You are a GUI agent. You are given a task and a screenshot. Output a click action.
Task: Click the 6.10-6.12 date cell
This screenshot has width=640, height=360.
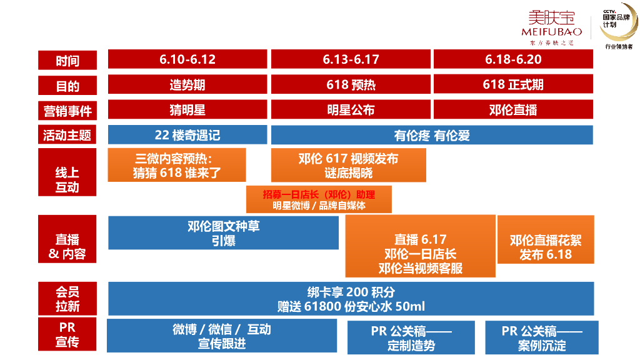coord(187,59)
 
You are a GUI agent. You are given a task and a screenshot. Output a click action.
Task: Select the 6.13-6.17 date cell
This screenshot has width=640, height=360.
coord(351,59)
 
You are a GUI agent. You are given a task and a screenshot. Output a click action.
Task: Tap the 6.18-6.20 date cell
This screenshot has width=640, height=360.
coord(513,59)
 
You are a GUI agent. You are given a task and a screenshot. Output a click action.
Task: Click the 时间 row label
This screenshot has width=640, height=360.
coord(67,61)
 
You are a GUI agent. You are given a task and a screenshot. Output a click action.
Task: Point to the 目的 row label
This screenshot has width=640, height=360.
coord(67,86)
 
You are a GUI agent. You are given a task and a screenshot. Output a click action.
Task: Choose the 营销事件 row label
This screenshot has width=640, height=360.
coord(67,111)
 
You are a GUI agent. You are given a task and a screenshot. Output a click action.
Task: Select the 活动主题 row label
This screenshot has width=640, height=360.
coord(67,135)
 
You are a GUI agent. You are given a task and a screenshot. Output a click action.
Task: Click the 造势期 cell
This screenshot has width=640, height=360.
coord(187,84)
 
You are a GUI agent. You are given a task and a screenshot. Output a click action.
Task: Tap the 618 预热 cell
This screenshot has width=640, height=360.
coord(351,84)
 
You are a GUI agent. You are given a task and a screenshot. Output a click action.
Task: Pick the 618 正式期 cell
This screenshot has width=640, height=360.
coord(513,84)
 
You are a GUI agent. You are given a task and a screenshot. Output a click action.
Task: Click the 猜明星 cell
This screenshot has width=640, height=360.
coord(187,109)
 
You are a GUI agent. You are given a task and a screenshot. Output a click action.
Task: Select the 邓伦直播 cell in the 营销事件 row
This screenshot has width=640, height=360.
coord(513,109)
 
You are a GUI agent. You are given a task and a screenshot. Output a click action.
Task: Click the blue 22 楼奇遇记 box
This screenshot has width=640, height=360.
coord(187,135)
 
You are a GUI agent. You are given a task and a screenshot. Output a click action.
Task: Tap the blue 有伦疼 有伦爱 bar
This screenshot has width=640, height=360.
coord(432,135)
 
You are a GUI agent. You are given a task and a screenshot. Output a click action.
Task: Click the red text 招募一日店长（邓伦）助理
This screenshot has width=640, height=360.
coord(319,194)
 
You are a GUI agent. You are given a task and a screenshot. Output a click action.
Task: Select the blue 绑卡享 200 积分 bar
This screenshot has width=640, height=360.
coord(351,299)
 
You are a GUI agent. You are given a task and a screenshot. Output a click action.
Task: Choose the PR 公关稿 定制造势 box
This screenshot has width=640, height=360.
coord(411,337)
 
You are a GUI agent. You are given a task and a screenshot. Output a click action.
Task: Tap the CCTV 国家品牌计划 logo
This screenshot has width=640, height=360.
coord(618,25)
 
